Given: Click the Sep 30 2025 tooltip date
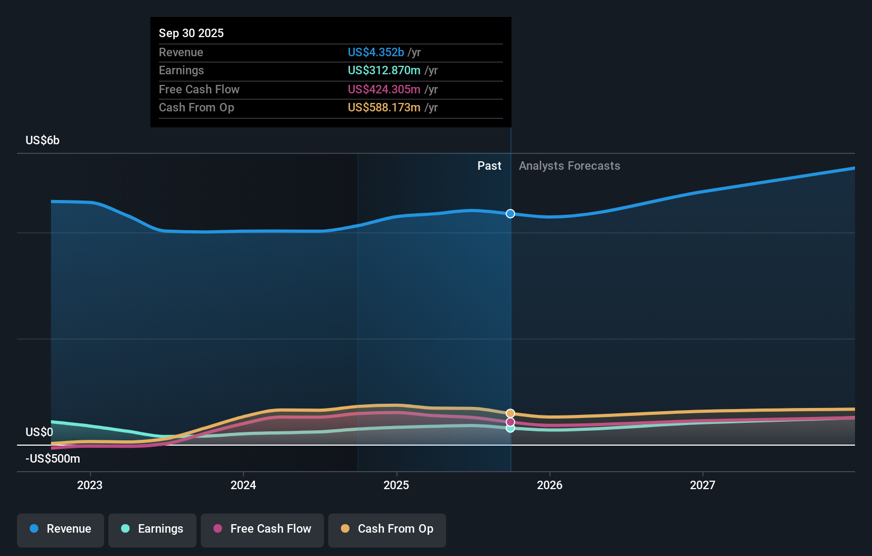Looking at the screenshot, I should pos(191,33).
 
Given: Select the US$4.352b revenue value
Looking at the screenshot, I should pos(375,52).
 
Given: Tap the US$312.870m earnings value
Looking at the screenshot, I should pos(384,70).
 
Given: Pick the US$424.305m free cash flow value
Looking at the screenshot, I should pos(384,89).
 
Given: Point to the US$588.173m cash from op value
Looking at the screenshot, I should pos(384,107).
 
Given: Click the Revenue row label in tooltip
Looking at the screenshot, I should pos(181,52).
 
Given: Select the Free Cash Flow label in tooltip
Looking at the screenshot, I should pos(199,89).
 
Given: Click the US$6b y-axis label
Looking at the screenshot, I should pos(42,140).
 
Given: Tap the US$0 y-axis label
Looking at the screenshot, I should pos(39,432).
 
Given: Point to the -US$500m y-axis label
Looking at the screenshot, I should pos(53,458).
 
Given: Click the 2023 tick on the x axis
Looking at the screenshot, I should pos(90,485).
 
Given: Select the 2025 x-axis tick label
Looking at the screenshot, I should pos(396,485).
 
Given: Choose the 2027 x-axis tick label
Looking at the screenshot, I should pos(702,485).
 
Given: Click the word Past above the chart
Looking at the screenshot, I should pos(489,166).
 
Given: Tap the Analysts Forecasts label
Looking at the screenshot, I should pos(569,166).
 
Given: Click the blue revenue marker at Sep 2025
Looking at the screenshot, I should pos(510,214).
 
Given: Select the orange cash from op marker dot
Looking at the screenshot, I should pos(510,413).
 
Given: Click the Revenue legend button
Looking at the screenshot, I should pos(61,529).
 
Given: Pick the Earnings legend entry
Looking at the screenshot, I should pos(152,529).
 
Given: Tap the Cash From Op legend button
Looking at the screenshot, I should pos(387,529).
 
